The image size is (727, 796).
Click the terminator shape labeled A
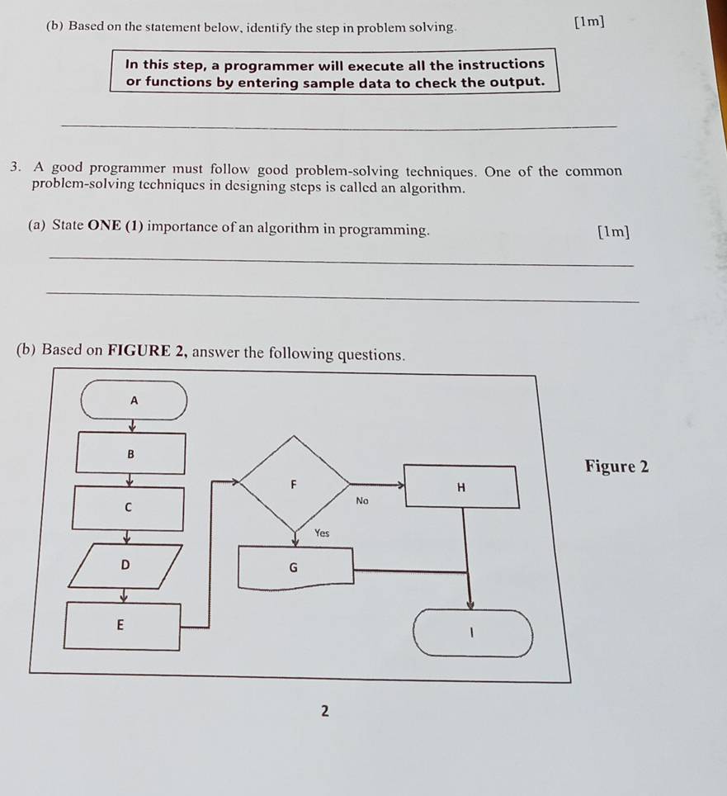coord(134,400)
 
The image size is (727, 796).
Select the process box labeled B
coord(130,453)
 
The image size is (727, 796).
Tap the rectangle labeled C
coord(128,508)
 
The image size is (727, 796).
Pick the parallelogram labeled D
coord(125,566)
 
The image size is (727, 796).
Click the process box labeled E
coord(122,626)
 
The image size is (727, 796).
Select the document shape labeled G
coord(295,567)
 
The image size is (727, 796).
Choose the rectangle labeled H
coord(461,486)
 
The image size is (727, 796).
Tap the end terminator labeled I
coord(473,633)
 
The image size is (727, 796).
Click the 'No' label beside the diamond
coord(362,500)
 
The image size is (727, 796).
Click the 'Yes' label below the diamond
coord(322,533)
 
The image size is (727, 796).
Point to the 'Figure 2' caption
coord(616,466)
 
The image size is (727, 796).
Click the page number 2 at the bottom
coord(325,711)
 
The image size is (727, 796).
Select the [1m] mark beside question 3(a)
coord(614,231)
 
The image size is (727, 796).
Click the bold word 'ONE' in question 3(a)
coord(105,225)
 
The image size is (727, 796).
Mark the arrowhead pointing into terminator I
coord(470,604)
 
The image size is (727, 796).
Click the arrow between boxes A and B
coord(132,426)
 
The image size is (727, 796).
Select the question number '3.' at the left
coord(16,167)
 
